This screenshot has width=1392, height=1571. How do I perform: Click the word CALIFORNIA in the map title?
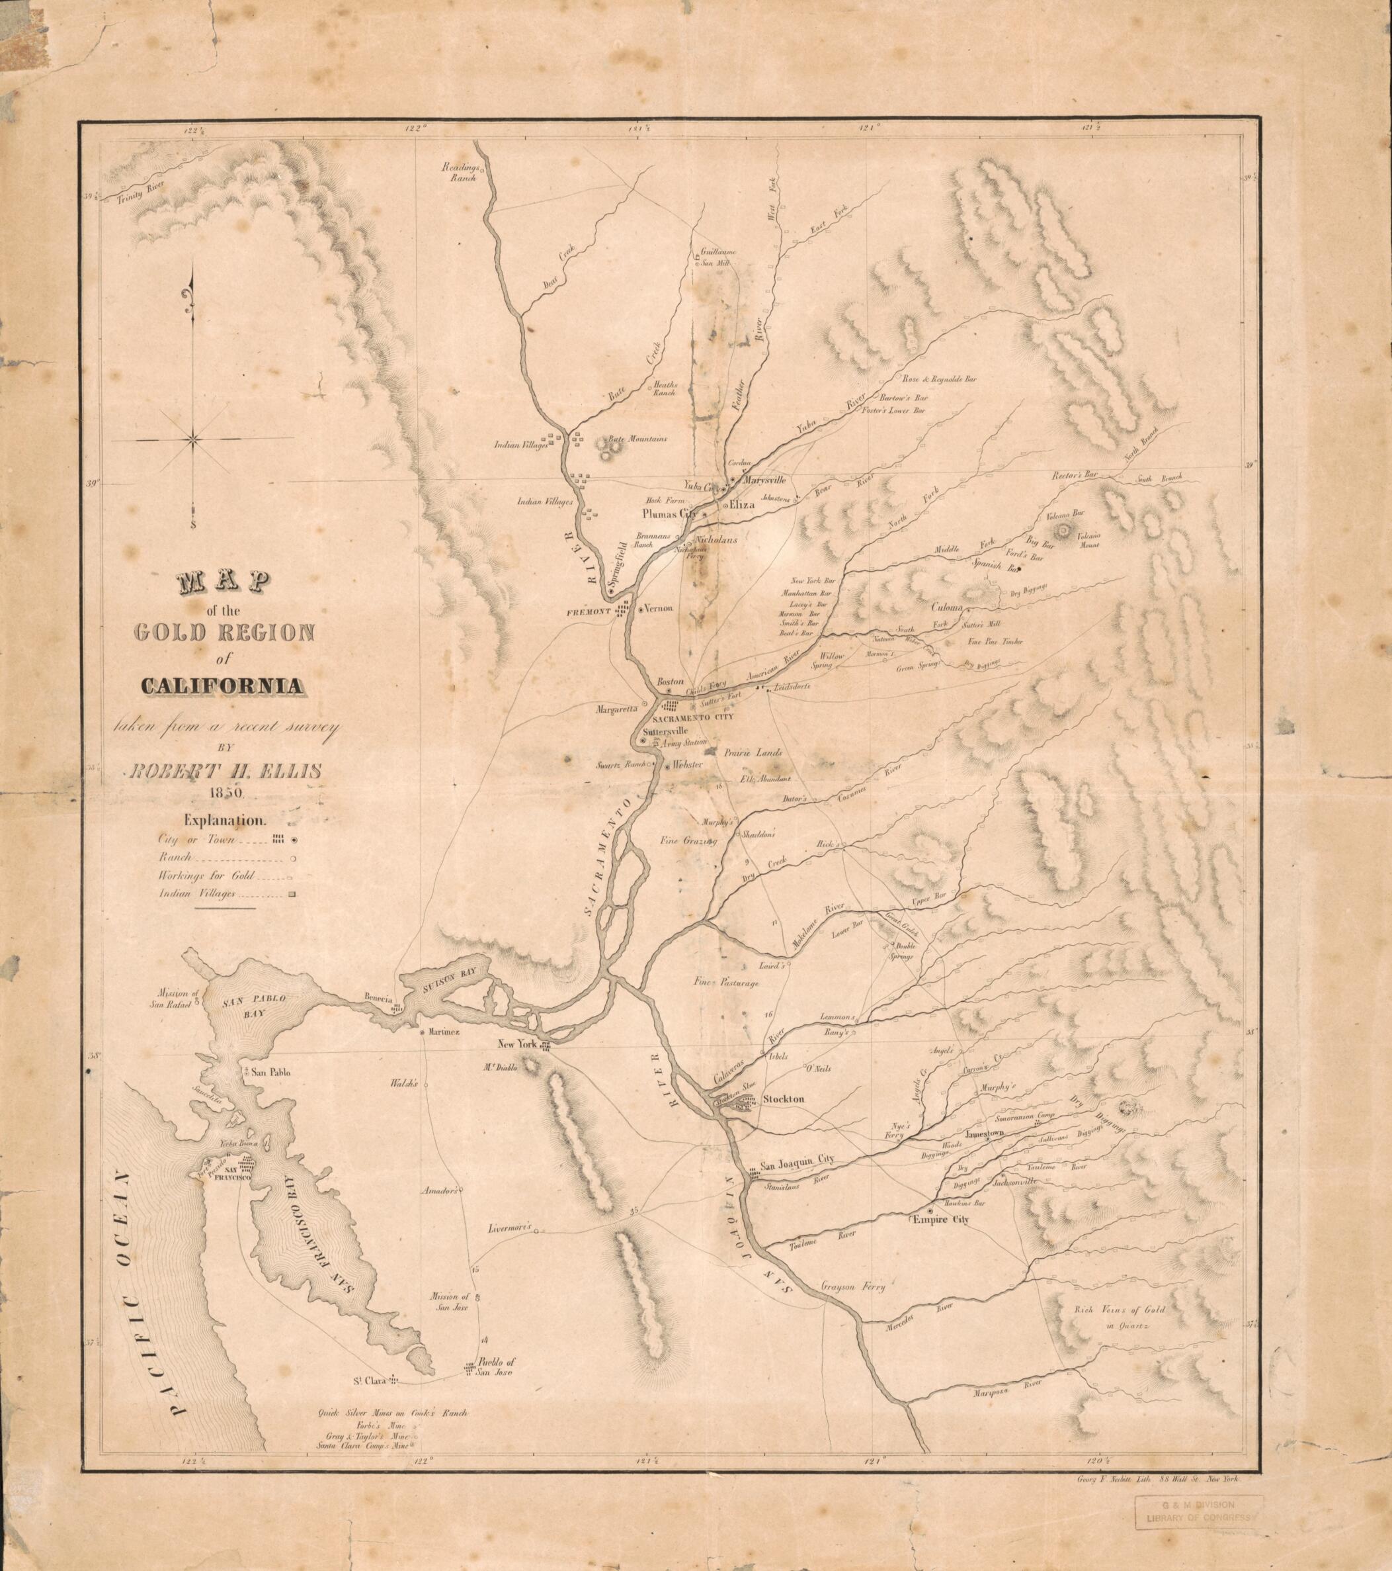tap(220, 688)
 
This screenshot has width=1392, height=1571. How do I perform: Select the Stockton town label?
tap(784, 1100)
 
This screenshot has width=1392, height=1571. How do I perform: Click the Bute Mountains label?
tap(637, 439)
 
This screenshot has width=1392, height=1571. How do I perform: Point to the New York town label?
tap(518, 1044)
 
